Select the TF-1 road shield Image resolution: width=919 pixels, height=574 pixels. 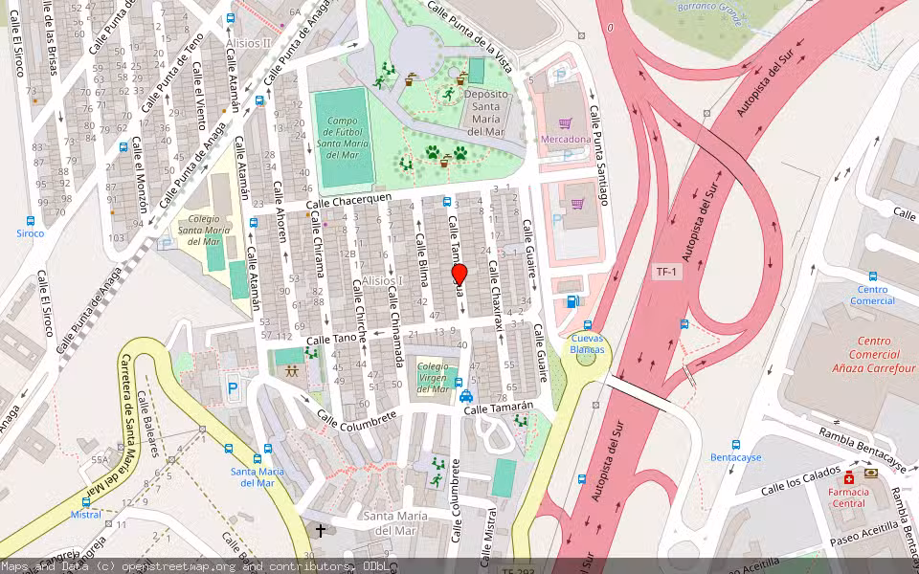(x=666, y=273)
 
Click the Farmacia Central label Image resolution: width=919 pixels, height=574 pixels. (x=848, y=497)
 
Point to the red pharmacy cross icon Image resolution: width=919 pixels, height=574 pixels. (x=848, y=476)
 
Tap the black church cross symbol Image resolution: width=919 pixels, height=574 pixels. (x=321, y=529)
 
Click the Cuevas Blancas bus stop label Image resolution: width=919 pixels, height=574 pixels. (x=587, y=343)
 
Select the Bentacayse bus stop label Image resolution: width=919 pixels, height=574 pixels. (x=735, y=457)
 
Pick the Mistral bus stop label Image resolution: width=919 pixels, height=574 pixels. (x=86, y=515)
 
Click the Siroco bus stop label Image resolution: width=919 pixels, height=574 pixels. (x=30, y=232)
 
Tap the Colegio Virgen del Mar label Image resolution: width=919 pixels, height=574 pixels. (x=433, y=377)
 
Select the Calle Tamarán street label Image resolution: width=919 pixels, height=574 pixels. (x=497, y=409)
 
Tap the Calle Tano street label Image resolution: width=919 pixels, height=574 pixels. (x=330, y=339)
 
